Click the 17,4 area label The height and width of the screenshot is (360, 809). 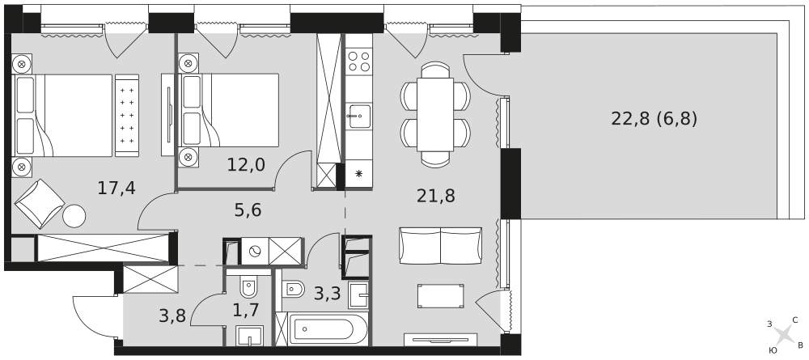coord(116,188)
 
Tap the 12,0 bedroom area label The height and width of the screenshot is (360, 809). coord(246,165)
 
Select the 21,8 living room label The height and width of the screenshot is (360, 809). coord(436,196)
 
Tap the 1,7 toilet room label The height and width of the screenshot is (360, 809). coord(246,310)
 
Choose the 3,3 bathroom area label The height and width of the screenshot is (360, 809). coord(328,294)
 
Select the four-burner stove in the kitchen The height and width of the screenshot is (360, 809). coord(358,61)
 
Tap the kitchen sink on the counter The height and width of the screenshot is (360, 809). coord(359,116)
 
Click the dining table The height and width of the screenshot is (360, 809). coord(435,115)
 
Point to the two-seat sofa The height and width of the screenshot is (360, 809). coord(441,245)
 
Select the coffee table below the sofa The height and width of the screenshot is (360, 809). coord(441,296)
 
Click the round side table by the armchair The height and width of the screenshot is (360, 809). coord(74,216)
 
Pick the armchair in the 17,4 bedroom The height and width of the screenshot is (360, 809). coord(40,204)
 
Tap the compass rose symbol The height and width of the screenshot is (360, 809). coord(784,335)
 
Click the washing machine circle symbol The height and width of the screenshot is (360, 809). coord(255,251)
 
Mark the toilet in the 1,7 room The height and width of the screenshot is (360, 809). coord(249,286)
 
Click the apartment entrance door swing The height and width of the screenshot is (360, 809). coord(95,316)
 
